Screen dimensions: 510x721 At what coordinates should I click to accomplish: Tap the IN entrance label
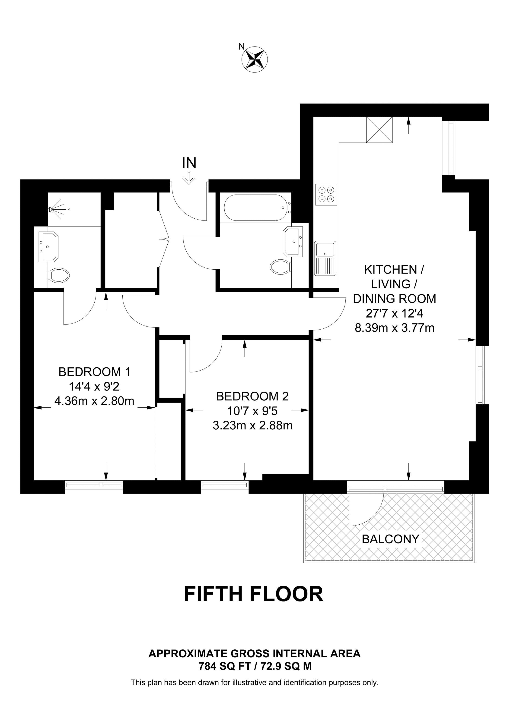coord(189,163)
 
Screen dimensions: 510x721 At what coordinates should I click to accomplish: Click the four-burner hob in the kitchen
coord(326,194)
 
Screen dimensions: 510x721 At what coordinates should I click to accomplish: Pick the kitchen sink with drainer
coord(325,258)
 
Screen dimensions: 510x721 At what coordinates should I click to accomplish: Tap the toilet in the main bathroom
coord(280,267)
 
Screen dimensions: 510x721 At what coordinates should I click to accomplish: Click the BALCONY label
coord(391,539)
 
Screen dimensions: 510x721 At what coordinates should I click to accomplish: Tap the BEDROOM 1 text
coord(94,372)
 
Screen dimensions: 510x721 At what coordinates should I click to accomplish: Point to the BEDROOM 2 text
coord(252,396)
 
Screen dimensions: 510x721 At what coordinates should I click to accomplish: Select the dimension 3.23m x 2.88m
coord(253,425)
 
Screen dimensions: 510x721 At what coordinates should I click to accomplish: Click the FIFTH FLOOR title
coord(254,594)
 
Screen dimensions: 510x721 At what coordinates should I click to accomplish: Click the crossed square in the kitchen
coord(379,130)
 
